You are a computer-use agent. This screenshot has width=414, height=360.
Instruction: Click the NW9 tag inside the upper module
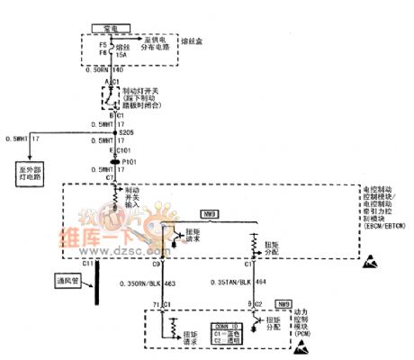coord(212,214)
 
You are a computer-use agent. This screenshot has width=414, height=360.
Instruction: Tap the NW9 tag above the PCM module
coord(283,304)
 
